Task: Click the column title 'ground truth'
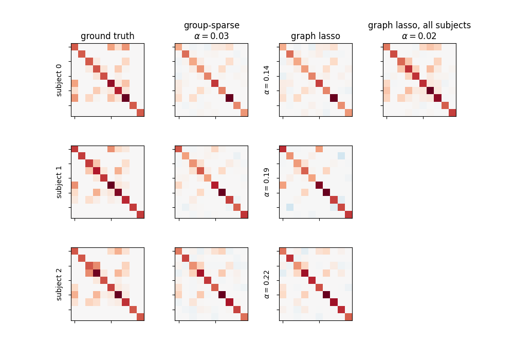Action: pos(107,36)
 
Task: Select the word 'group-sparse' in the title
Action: pos(211,25)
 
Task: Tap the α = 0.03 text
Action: pos(211,36)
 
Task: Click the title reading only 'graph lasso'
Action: pos(316,36)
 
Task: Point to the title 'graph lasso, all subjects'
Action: pos(419,25)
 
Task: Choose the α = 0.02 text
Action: pos(419,36)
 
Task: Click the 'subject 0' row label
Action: pos(59,80)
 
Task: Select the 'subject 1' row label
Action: pos(59,182)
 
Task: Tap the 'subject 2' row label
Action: pos(59,284)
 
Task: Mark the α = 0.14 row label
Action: pos(267,80)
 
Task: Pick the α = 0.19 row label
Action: pos(267,182)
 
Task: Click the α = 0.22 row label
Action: pos(267,284)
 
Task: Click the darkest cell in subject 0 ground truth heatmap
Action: pos(126,98)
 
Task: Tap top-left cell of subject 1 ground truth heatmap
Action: pos(75,149)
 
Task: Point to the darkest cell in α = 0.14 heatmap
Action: pos(334,98)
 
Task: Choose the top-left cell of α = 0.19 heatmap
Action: pos(283,149)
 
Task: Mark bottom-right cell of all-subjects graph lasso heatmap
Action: pos(452,113)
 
